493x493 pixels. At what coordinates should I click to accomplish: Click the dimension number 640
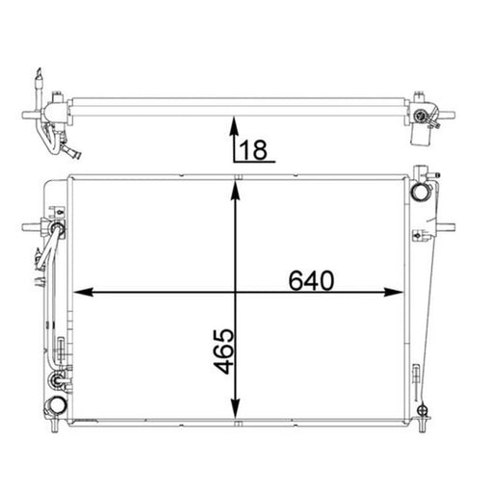[311, 280]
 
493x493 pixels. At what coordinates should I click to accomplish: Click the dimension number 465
[223, 350]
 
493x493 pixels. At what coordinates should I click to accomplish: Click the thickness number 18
[253, 149]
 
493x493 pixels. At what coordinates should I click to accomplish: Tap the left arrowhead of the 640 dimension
[83, 292]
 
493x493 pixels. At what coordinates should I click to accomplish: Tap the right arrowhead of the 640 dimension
[394, 292]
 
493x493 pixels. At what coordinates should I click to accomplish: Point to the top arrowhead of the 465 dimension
[236, 190]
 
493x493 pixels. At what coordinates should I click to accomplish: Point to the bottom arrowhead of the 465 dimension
[236, 409]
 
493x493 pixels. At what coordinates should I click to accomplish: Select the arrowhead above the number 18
[235, 126]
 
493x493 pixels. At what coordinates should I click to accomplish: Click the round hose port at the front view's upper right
[420, 192]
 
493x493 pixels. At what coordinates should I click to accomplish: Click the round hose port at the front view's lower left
[57, 405]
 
